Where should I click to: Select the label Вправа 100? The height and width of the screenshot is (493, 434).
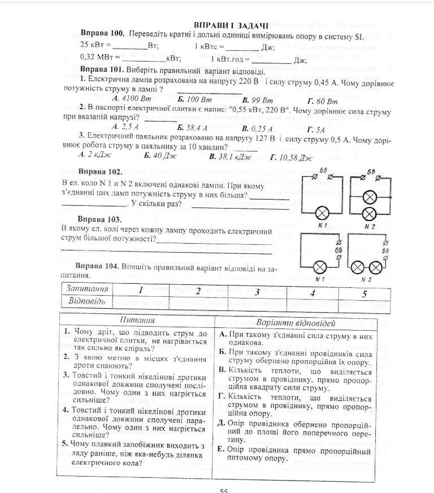pyautogui.click(x=102, y=33)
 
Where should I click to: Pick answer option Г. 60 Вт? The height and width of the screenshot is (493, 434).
pyautogui.click(x=323, y=101)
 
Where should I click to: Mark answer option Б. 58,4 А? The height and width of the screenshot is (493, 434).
pyautogui.click(x=193, y=127)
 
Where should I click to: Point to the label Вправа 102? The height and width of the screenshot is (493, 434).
pyautogui.click(x=100, y=171)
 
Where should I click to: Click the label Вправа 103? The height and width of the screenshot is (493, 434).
pyautogui.click(x=100, y=219)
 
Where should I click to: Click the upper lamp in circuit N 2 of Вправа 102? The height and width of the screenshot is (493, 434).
pyautogui.click(x=369, y=197)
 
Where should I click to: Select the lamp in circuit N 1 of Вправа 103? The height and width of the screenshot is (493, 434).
pyautogui.click(x=321, y=267)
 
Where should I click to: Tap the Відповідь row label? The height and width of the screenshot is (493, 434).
pyautogui.click(x=87, y=300)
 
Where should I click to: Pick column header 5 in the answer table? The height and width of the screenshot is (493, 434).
pyautogui.click(x=364, y=293)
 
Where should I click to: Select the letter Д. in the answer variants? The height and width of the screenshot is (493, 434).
pyautogui.click(x=222, y=422)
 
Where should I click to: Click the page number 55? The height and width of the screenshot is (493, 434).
pyautogui.click(x=224, y=490)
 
